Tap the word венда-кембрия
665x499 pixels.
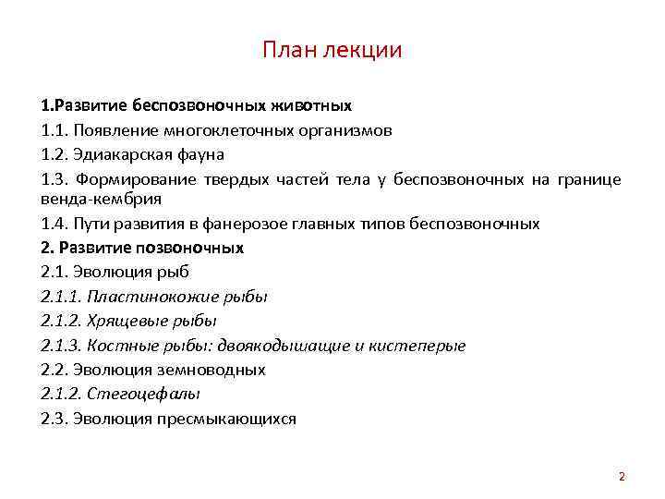[x=89, y=198]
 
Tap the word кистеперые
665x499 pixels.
[x=417, y=346]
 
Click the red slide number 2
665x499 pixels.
[x=622, y=477]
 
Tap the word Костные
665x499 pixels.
[x=116, y=346]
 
